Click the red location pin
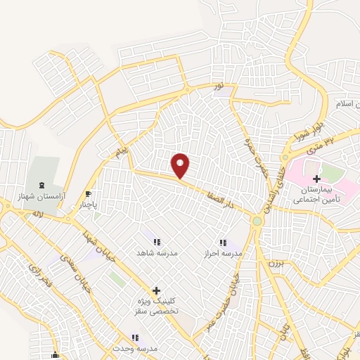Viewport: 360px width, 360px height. (x=181, y=166)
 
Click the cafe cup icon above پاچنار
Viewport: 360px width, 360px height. (x=88, y=194)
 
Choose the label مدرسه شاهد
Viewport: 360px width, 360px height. (x=157, y=252)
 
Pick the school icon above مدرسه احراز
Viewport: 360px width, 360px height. (x=223, y=243)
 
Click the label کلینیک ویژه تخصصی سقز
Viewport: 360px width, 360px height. (x=157, y=306)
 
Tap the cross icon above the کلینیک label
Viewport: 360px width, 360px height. (x=156, y=290)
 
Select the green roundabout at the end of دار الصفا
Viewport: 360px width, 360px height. (x=257, y=221)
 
